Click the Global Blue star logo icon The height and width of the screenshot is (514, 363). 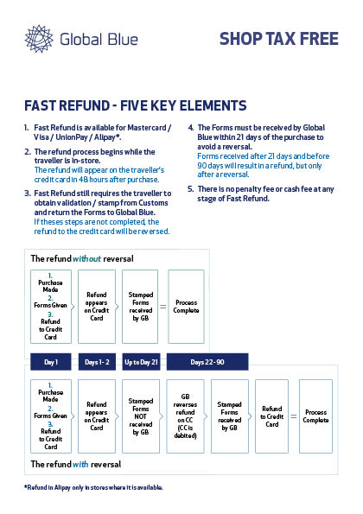click(x=39, y=39)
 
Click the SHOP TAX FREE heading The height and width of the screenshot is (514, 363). click(x=278, y=39)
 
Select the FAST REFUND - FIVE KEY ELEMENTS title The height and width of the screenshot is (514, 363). click(x=135, y=105)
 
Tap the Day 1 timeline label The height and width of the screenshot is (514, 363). click(x=51, y=362)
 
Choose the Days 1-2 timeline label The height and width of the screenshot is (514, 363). click(x=97, y=362)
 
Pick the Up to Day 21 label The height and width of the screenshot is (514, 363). click(x=141, y=362)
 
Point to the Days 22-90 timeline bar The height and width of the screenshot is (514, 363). click(x=207, y=362)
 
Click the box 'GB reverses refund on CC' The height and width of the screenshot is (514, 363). click(x=185, y=416)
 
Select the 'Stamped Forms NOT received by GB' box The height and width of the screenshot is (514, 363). click(x=141, y=416)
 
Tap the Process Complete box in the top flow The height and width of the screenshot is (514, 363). click(x=187, y=307)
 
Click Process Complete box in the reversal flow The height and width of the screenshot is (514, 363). click(x=315, y=416)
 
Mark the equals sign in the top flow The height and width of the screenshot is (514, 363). click(x=163, y=307)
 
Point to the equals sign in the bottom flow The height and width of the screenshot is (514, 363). click(x=294, y=416)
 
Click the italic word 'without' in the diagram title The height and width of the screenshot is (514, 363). click(x=86, y=258)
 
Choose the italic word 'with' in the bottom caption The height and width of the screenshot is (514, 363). click(x=80, y=464)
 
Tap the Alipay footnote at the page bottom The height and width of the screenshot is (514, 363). click(x=93, y=487)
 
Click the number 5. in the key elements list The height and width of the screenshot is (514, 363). click(x=191, y=189)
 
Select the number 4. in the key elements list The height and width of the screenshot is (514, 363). click(x=191, y=128)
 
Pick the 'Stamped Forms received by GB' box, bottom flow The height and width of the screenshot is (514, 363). click(x=230, y=416)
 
